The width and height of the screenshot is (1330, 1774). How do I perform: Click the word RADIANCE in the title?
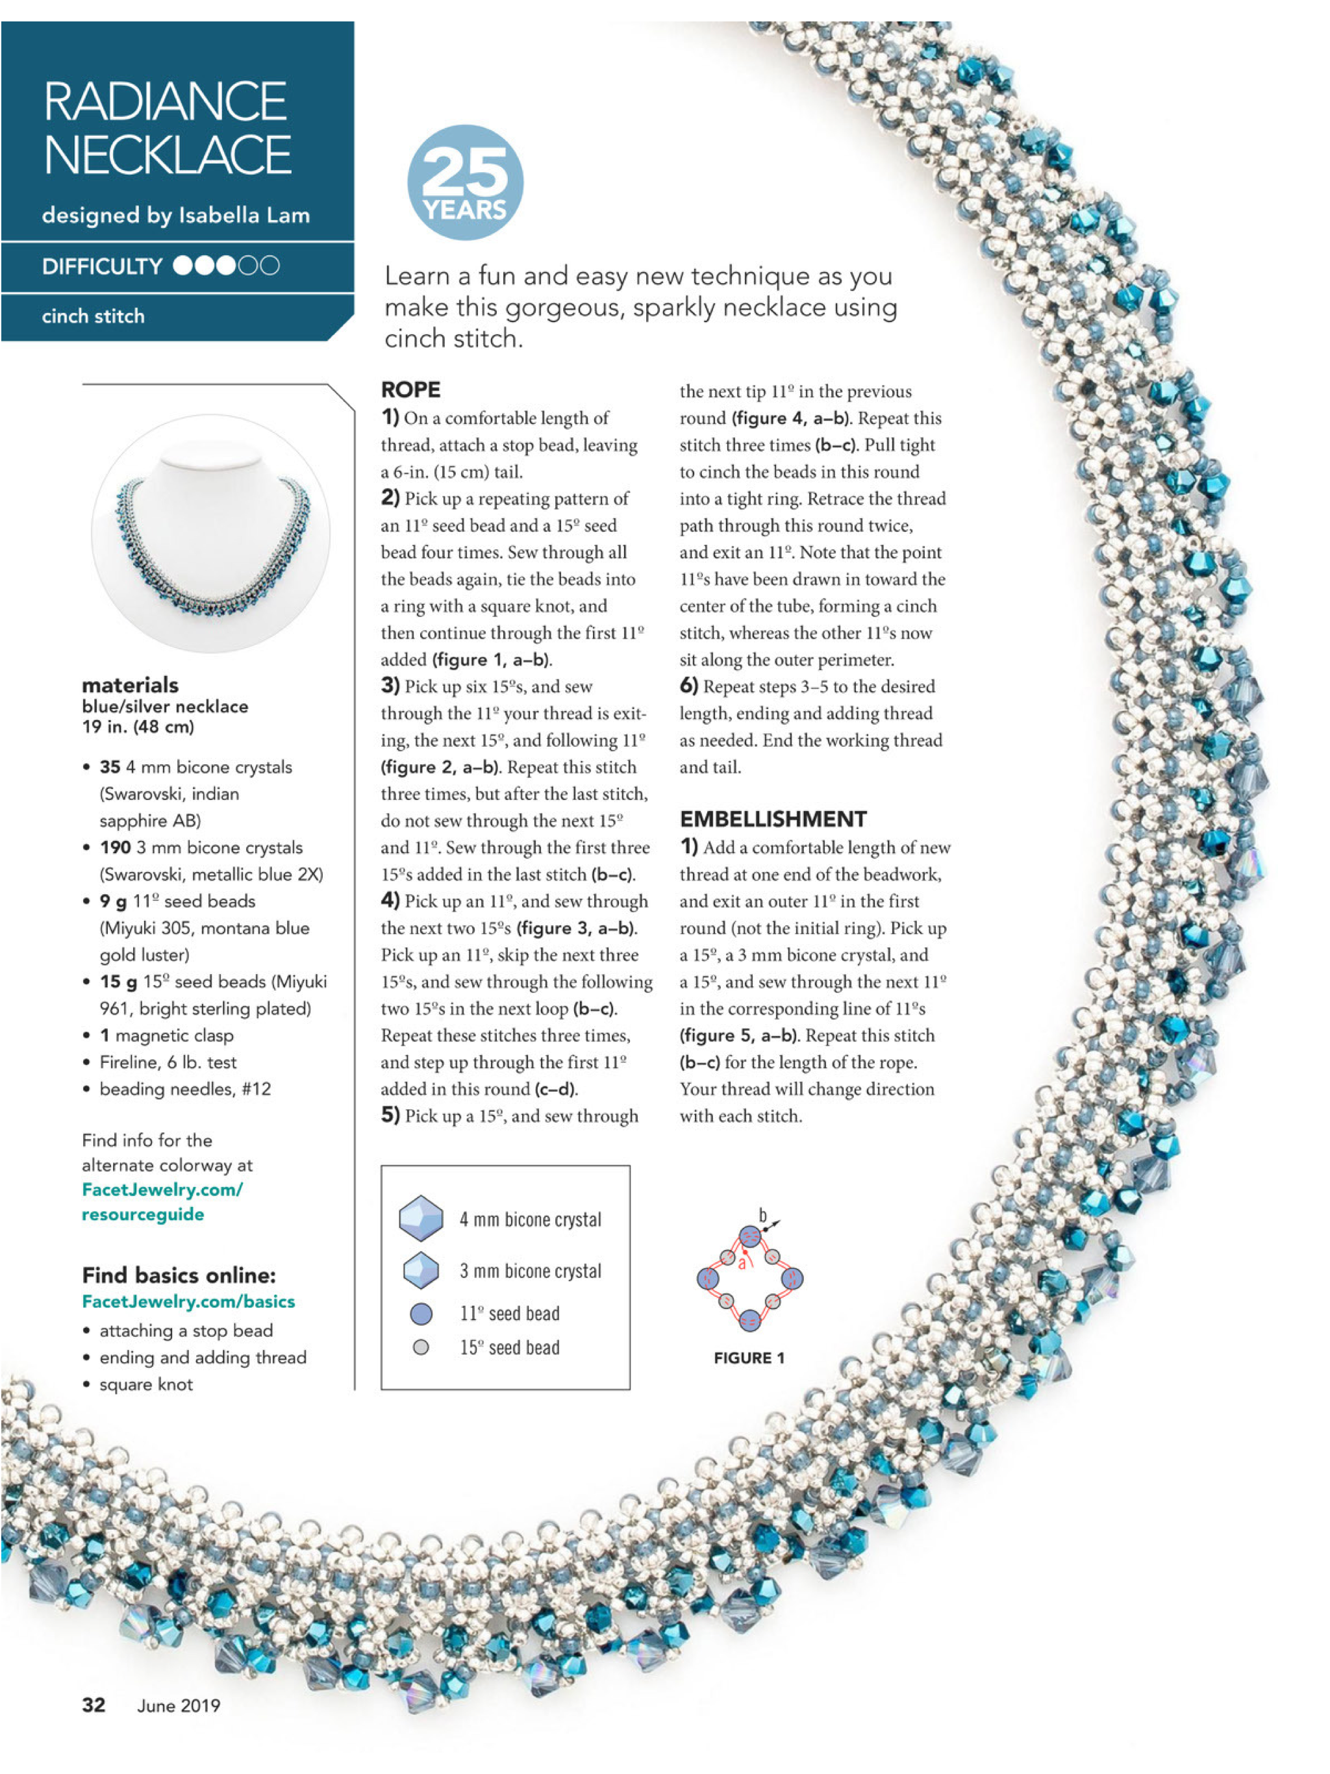(x=165, y=101)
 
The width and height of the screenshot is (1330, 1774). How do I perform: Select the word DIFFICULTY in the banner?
(x=102, y=266)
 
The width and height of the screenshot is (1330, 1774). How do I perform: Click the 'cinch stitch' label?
(x=93, y=316)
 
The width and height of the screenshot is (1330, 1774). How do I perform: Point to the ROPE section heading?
(x=410, y=390)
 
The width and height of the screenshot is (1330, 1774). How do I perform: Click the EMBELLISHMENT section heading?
(x=773, y=819)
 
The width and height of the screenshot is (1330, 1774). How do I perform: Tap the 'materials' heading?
(x=130, y=685)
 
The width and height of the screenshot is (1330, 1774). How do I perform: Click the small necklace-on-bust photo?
(x=211, y=533)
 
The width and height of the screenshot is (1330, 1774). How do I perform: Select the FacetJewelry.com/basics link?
(x=188, y=1301)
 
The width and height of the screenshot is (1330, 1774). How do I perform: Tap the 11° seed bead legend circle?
(x=421, y=1313)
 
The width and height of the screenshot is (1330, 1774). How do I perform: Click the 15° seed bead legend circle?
(x=420, y=1347)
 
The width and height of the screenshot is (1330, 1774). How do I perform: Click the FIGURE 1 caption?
(x=748, y=1358)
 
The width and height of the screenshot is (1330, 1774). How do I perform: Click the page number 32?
(x=94, y=1705)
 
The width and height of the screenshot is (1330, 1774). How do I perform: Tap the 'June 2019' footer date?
(x=178, y=1705)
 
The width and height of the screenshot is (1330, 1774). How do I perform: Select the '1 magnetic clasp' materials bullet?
(x=166, y=1035)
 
